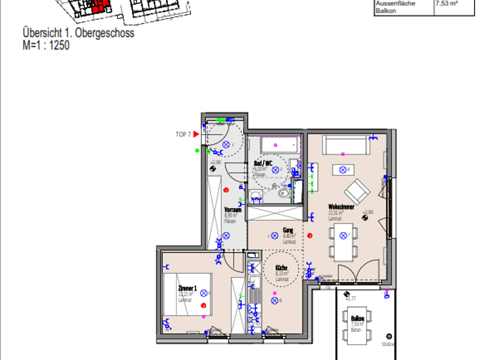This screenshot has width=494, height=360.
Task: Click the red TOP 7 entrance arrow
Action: [x=197, y=134]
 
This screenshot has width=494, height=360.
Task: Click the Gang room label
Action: [x=288, y=230]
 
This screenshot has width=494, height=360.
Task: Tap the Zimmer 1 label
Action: [x=187, y=289]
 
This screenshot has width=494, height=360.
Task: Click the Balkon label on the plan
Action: [x=358, y=318]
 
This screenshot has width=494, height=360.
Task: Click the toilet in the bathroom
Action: [x=284, y=192]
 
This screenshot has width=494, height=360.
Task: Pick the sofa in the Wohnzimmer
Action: [x=348, y=145]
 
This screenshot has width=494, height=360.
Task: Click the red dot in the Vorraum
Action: [x=226, y=190]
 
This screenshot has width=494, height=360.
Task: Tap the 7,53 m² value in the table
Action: [x=446, y=3]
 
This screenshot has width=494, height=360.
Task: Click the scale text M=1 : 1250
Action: [x=46, y=45]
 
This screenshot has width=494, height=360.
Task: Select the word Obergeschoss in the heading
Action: [x=105, y=33]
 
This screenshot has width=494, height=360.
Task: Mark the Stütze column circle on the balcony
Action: [x=388, y=336]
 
